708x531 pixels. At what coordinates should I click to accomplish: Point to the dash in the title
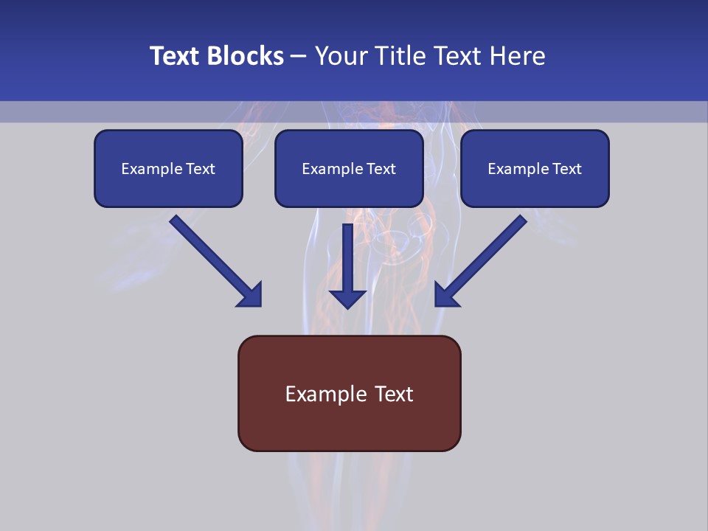tap(299, 56)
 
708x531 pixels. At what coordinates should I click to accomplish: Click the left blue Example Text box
tap(168, 168)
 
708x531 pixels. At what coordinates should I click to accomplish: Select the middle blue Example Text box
tap(349, 168)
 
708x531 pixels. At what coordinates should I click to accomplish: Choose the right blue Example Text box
tap(535, 168)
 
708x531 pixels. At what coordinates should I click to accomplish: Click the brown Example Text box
tap(349, 393)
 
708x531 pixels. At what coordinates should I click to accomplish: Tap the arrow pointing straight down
tap(347, 265)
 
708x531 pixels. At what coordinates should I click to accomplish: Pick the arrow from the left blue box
tap(215, 260)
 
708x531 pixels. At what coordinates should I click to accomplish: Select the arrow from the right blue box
tap(481, 260)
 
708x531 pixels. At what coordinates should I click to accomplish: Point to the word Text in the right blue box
tap(567, 169)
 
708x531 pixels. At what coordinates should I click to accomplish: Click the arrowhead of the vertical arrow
tap(347, 298)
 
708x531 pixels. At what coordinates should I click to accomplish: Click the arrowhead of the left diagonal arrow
tap(251, 295)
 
